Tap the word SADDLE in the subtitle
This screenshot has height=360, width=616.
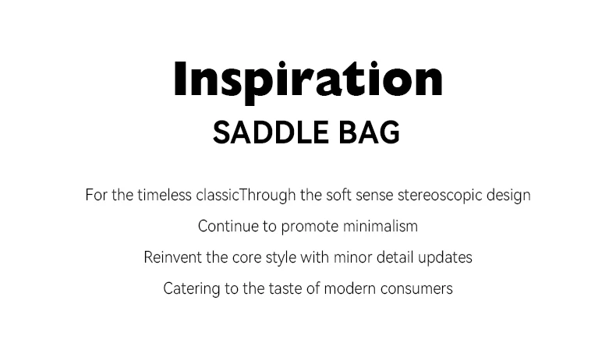[271, 132]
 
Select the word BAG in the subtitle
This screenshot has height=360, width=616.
[369, 132]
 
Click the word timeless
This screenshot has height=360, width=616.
[165, 195]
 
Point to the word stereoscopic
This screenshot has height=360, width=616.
[440, 196]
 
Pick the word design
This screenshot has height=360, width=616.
[508, 196]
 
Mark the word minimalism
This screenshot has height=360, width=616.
[381, 227]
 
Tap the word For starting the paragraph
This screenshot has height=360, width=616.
[97, 195]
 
